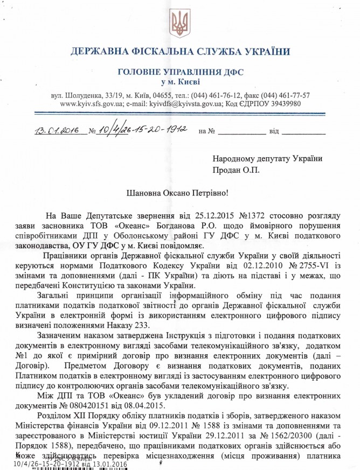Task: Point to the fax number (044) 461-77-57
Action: tap(282, 95)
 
